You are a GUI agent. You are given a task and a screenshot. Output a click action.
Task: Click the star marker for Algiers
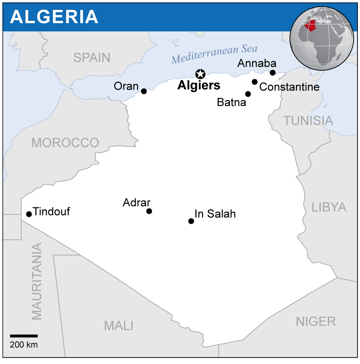click(200, 74)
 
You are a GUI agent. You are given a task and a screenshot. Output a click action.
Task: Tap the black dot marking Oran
click(144, 91)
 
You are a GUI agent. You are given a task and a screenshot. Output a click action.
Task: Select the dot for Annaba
click(273, 73)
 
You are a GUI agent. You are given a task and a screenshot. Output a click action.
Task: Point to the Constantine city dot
click(255, 82)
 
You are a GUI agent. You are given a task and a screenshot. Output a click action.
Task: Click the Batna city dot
click(248, 94)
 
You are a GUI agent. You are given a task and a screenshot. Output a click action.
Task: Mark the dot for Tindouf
click(29, 214)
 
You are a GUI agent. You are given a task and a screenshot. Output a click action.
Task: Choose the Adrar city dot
click(149, 211)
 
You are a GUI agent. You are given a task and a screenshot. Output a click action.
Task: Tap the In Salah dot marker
click(191, 221)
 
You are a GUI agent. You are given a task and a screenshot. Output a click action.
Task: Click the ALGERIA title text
click(54, 17)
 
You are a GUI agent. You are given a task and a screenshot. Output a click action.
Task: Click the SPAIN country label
click(92, 58)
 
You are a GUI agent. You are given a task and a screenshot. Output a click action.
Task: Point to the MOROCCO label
click(65, 143)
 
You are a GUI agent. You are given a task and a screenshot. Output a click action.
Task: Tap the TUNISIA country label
click(308, 121)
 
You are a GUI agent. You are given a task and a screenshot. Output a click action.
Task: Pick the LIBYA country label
click(329, 207)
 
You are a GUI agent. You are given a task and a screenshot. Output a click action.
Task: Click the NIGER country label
click(316, 321)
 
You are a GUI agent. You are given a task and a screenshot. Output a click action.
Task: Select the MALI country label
click(119, 325)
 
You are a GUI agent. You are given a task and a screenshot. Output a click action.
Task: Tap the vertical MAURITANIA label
click(37, 281)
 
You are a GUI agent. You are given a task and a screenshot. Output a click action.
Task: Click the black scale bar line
click(24, 336)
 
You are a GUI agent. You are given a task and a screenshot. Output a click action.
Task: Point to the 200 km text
click(24, 345)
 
